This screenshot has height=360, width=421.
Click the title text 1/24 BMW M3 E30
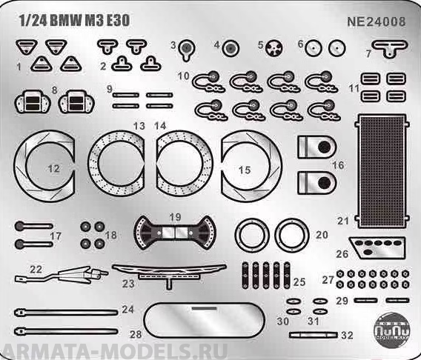74,20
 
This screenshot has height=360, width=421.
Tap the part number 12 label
53,169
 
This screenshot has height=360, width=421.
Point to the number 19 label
175,216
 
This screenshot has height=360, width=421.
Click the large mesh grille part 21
381,172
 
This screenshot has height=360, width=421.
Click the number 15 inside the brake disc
244,170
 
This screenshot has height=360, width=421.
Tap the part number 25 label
299,282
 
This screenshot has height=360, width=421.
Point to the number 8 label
53,90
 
